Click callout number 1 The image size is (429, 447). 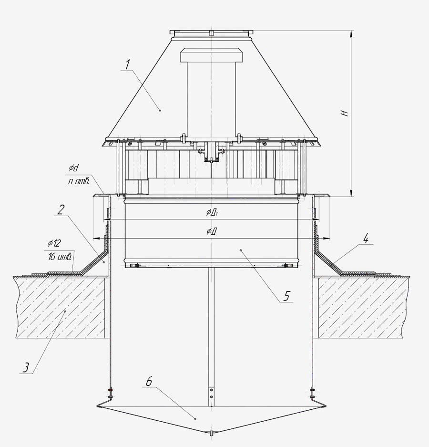(127, 63)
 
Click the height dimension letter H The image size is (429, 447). (347, 113)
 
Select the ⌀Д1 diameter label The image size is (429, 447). (213, 213)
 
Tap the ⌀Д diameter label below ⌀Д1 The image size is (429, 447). (212, 231)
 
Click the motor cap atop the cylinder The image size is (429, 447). (210, 55)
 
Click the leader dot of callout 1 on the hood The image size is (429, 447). (160, 110)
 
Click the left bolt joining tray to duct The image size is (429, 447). (110, 393)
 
